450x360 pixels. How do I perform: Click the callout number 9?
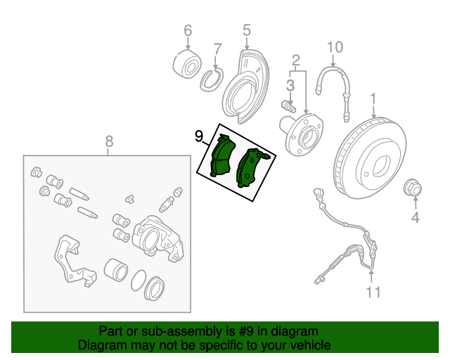pos(199,136)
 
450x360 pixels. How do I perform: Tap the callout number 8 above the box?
pos(110,141)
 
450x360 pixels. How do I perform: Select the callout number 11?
pos(373,292)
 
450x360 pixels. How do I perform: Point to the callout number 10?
pos(335,47)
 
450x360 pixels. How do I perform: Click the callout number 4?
pos(416,217)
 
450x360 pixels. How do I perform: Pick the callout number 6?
pos(188,30)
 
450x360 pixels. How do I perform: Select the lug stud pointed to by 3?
pos(288,106)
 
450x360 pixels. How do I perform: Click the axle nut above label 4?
pos(413,188)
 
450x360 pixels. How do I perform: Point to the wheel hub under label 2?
pos(302,134)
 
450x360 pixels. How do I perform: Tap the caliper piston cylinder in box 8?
pos(115,269)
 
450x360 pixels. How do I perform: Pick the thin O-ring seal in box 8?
pos(139,280)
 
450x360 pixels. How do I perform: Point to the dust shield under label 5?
pos(246,86)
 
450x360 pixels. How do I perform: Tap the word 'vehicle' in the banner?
pos(310,345)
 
